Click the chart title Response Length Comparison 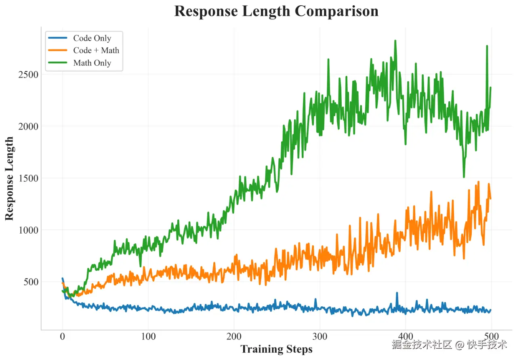coord(276,11)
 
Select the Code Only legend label coord(92,38)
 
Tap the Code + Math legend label coord(96,50)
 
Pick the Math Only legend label coord(92,63)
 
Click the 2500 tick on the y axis coord(28,75)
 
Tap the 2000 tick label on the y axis coord(28,126)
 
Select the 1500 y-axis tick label coord(28,178)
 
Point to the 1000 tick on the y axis coord(28,230)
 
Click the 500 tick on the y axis coord(31,282)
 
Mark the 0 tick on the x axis coord(63,337)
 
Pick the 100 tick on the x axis coord(148,337)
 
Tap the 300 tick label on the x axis coord(320,337)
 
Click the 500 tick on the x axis coord(492,337)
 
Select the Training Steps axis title coord(276,349)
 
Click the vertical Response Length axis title coord(10,178)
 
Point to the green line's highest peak coord(395,41)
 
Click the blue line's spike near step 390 coord(397,293)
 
